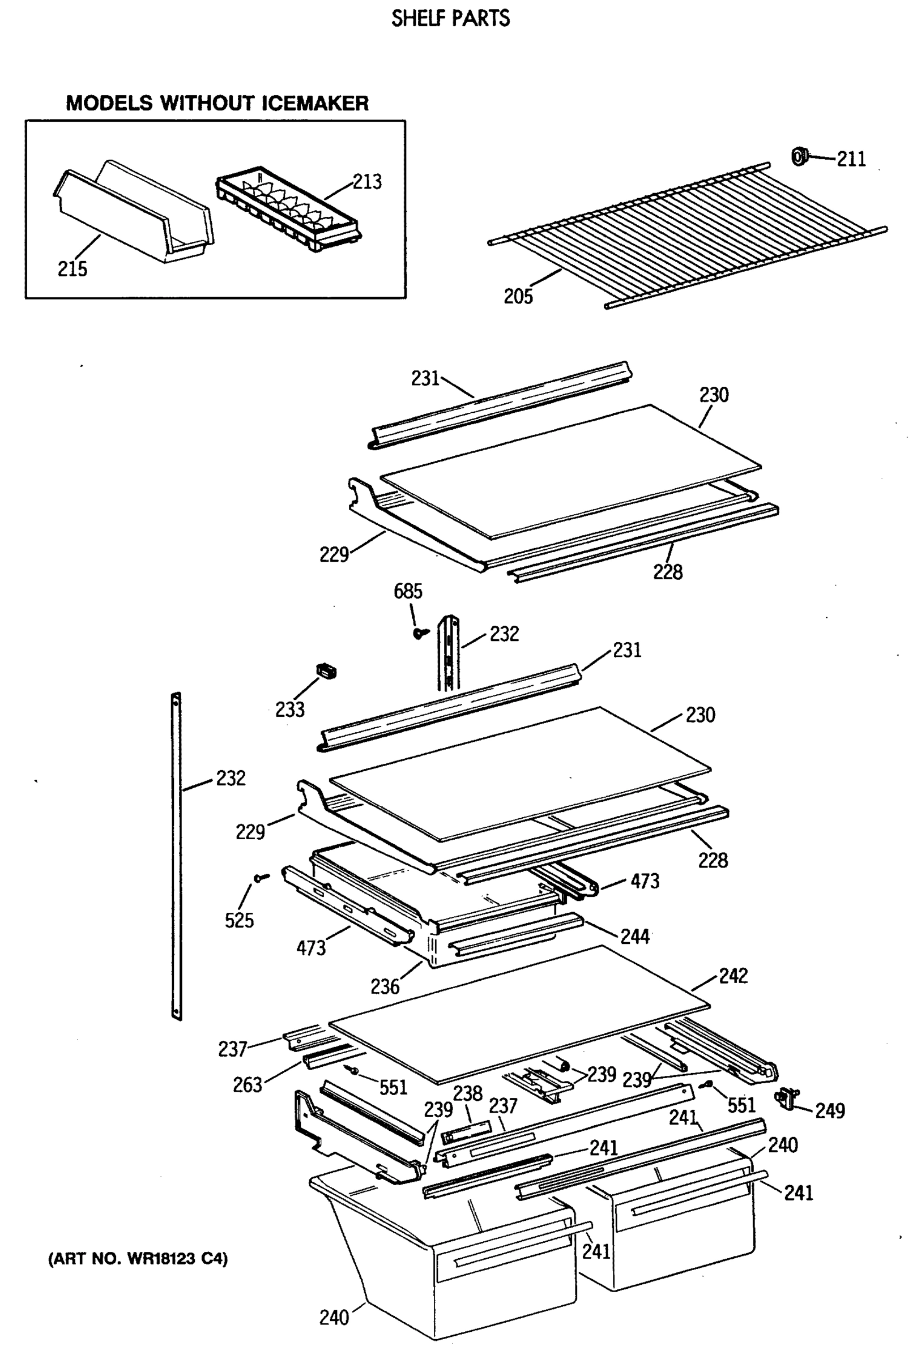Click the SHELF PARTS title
click(450, 19)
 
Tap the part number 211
click(851, 159)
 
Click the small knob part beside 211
click(799, 156)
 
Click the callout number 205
click(518, 296)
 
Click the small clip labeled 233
click(326, 671)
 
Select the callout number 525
click(239, 921)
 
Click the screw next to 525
click(261, 877)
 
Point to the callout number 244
click(634, 937)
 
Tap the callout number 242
click(733, 976)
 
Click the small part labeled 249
click(787, 1099)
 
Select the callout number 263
click(247, 1085)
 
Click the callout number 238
click(468, 1093)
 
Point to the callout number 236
click(385, 986)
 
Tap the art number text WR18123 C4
click(138, 1258)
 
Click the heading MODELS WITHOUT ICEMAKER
click(217, 104)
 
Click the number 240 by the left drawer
click(334, 1318)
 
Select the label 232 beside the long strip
click(231, 778)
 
